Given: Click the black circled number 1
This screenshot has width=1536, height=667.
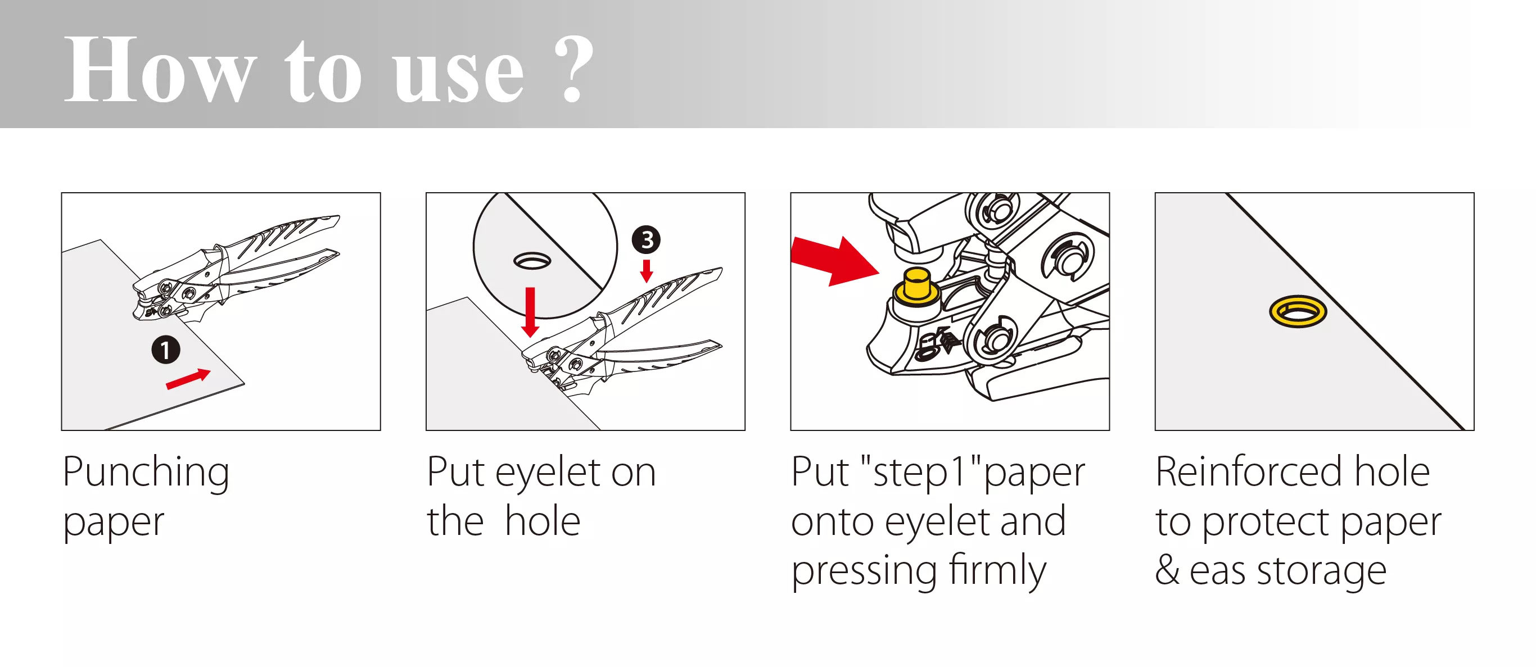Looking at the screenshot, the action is pos(166,350).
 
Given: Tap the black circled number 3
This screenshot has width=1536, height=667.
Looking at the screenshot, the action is pos(647,240).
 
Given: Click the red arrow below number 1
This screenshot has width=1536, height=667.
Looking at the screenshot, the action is pos(188,379).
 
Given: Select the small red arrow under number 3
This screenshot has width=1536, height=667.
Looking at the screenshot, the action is pos(647,271).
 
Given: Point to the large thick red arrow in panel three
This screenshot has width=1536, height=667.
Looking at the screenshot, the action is pos(835,261).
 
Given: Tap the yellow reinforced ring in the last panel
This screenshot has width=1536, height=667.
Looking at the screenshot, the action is pos(1298,312).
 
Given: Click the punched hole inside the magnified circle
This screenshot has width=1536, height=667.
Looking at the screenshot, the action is pos(532,261).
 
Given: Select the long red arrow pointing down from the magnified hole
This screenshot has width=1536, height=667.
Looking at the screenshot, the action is pos(530,312).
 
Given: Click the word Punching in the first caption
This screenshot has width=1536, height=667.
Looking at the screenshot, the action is pos(146,473).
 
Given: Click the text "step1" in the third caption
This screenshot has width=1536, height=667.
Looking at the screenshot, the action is pos(919,472).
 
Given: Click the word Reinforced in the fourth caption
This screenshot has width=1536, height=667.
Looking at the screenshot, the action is pos(1249,471).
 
